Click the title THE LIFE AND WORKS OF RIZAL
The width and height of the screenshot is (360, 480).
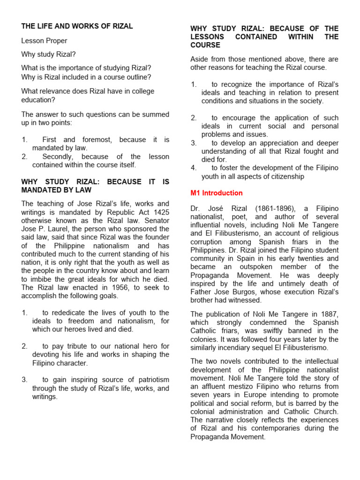77,26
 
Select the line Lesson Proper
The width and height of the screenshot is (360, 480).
44,41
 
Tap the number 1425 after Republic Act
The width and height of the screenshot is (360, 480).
160,212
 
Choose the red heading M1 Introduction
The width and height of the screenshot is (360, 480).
216,193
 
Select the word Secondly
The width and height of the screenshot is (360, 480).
59,157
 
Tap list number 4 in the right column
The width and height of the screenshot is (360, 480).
193,168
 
